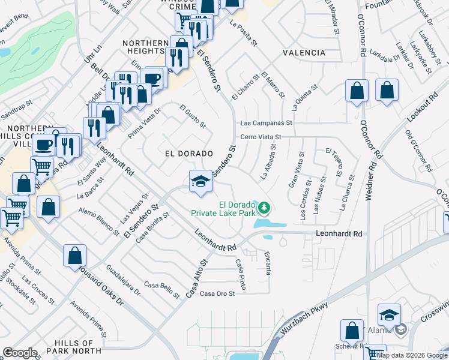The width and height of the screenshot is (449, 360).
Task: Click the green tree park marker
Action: (x=264, y=208)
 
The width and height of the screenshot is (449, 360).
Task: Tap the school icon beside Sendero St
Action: (x=200, y=181)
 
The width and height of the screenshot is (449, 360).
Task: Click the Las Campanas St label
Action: (x=265, y=122)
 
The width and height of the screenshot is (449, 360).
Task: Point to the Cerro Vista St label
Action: (x=261, y=137)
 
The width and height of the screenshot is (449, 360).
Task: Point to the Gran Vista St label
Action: (x=295, y=170)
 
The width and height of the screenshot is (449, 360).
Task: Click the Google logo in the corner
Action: (x=20, y=353)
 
